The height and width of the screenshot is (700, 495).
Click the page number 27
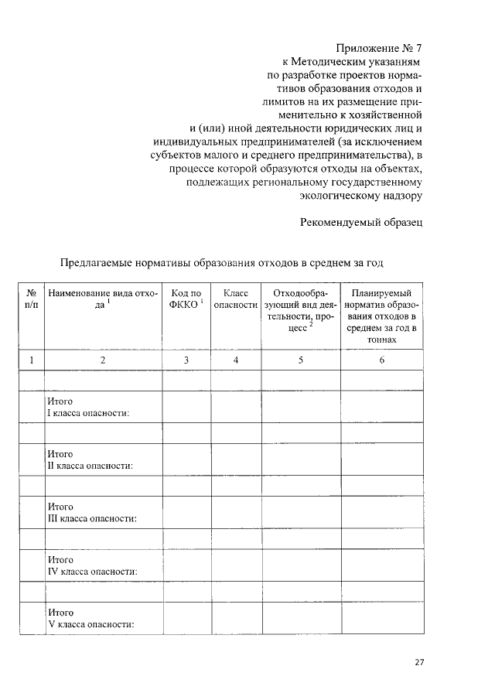pos(420,662)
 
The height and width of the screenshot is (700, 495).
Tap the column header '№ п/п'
pos(32,299)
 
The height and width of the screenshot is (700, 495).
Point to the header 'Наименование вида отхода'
pos(102,299)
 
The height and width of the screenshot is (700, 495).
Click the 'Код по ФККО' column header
pos(186,299)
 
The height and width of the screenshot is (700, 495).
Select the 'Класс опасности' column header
pos(235,299)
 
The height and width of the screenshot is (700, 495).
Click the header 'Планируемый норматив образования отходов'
pos(381,316)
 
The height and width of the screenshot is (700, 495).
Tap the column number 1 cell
pos(32,360)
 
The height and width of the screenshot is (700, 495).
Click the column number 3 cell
pos(186,360)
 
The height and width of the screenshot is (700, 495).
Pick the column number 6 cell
pos(381,360)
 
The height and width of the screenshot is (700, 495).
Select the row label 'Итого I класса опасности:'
pos(87,407)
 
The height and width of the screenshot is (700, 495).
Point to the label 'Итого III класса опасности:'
pos(91,512)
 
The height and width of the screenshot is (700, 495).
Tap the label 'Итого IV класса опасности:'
pos(92,565)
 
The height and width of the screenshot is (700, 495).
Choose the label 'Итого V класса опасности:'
pos(90,618)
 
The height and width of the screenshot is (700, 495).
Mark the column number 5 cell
pos(300,360)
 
